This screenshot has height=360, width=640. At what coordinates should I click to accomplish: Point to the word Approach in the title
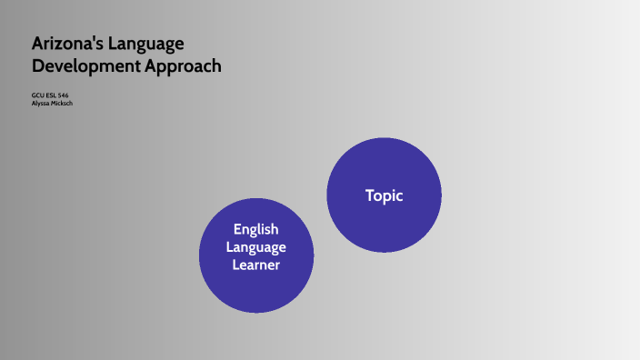(184, 66)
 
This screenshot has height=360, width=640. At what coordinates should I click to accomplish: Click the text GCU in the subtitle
(36, 95)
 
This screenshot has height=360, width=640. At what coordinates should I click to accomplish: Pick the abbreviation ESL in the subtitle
(49, 95)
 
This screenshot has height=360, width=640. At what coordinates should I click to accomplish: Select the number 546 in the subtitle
(63, 95)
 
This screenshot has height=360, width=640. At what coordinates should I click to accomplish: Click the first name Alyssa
(41, 103)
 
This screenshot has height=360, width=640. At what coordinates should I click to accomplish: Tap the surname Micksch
(61, 103)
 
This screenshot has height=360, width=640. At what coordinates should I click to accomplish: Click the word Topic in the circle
(384, 195)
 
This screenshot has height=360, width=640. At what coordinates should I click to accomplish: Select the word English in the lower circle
(255, 230)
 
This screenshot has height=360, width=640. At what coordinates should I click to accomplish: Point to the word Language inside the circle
(255, 247)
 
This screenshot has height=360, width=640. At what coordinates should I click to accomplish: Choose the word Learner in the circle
(255, 265)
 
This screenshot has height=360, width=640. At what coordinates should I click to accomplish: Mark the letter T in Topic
(369, 195)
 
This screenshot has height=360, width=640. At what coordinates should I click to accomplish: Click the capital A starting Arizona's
(38, 44)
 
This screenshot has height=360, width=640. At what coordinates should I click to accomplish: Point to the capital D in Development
(38, 66)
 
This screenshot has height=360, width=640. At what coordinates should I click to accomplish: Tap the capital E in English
(236, 230)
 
